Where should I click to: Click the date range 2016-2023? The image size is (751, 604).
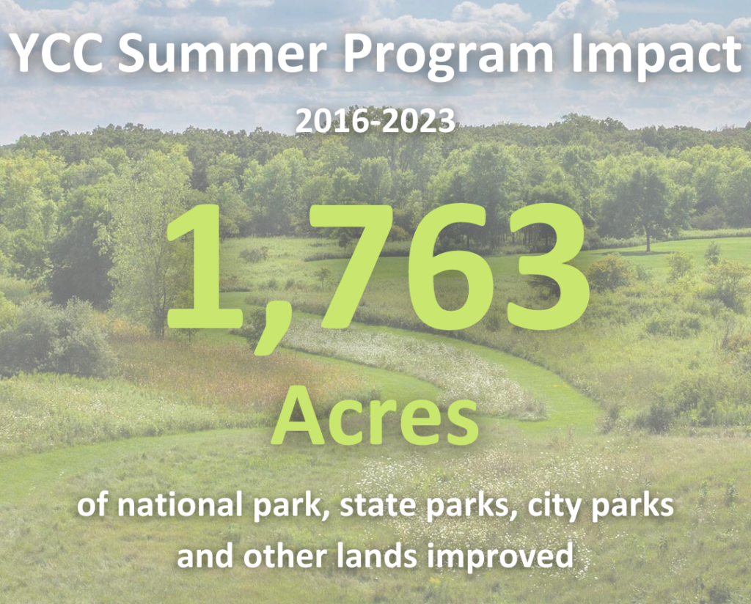click(x=375, y=121)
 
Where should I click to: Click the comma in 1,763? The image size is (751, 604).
click(x=268, y=331)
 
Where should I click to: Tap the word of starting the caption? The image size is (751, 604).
click(x=92, y=505)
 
